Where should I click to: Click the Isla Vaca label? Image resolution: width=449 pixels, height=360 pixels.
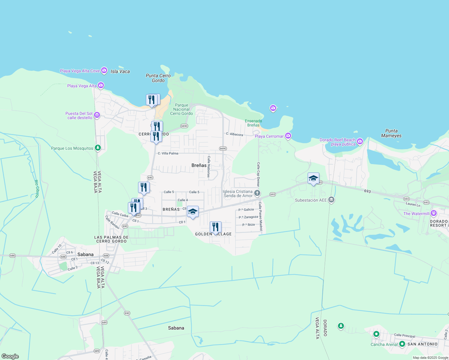pyautogui.click(x=120, y=71)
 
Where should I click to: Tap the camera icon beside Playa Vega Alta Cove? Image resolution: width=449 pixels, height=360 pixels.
pyautogui.click(x=104, y=70)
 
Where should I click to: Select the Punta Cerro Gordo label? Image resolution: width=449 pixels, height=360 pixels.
pyautogui.click(x=158, y=78)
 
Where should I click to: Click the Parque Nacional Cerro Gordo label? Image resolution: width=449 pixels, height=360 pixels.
pyautogui.click(x=181, y=109)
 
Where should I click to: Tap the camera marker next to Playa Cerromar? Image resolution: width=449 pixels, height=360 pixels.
pyautogui.click(x=288, y=136)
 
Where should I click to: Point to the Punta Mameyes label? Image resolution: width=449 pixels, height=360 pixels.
pyautogui.click(x=391, y=133)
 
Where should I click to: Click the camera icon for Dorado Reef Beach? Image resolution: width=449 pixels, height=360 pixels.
pyautogui.click(x=360, y=141)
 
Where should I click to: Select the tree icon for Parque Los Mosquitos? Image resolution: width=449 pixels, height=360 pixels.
pyautogui.click(x=98, y=148)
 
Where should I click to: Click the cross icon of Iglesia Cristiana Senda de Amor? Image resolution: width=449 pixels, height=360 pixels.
pyautogui.click(x=257, y=193)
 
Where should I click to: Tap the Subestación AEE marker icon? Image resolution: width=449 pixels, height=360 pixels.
pyautogui.click(x=331, y=199)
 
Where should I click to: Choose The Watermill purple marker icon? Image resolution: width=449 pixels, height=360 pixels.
pyautogui.click(x=433, y=213)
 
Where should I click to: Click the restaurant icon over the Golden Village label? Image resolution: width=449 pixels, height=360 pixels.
pyautogui.click(x=215, y=227)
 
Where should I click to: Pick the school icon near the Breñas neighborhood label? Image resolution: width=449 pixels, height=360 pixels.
pyautogui.click(x=193, y=211)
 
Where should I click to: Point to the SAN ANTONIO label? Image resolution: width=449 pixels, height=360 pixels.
pyautogui.click(x=422, y=344)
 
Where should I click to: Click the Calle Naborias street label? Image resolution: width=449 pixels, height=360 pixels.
pyautogui.click(x=209, y=166)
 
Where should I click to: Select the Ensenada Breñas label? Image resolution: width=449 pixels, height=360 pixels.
pyautogui.click(x=253, y=123)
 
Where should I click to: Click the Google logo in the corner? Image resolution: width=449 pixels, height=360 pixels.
pyautogui.click(x=10, y=356)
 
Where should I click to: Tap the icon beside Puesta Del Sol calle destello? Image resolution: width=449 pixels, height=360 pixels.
pyautogui.click(x=97, y=115)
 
